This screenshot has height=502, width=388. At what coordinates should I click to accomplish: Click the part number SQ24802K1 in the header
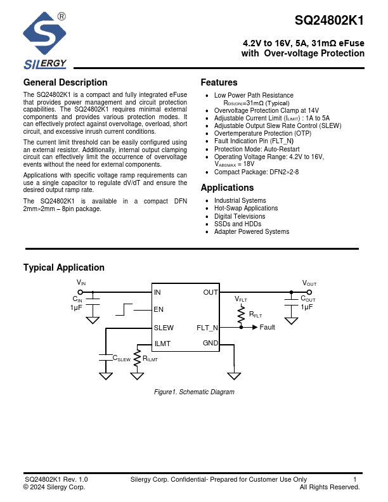point(329,20)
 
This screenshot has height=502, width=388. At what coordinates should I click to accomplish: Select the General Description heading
point(65,82)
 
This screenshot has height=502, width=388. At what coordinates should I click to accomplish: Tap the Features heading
point(219,82)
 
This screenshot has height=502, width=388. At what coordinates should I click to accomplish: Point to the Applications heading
point(227,188)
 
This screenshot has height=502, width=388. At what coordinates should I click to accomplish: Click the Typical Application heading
point(63,267)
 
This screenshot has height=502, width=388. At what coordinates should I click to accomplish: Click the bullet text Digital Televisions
point(240,216)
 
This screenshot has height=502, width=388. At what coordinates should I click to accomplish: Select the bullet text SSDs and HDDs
point(237,224)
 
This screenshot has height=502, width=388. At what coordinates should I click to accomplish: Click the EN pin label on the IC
point(158,310)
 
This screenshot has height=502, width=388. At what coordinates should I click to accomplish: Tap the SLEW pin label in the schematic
point(164,328)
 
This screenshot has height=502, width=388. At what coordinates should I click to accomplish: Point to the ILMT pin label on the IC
point(163,344)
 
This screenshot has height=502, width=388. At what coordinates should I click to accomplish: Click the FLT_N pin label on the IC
point(207,328)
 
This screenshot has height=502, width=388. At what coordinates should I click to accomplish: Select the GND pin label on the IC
point(210,344)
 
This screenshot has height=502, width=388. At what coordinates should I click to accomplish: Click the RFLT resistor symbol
point(242,314)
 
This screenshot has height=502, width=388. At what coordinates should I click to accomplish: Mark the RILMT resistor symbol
point(137,356)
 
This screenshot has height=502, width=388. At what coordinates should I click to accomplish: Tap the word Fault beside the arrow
point(268,328)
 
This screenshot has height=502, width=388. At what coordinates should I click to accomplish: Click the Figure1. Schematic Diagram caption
point(195,392)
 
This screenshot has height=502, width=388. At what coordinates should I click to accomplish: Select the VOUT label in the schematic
point(309,283)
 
